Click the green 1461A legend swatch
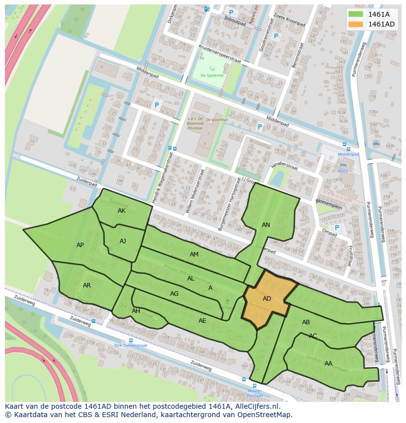click(x=356, y=14)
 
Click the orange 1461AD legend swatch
click(x=356, y=24)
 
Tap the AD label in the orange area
click(x=267, y=299)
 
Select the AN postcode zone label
click(x=266, y=225)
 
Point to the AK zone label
click(x=122, y=211)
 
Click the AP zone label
click(x=80, y=245)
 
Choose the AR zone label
click(x=87, y=285)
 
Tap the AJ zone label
click(x=123, y=241)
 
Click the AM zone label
click(x=194, y=254)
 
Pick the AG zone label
click(x=174, y=294)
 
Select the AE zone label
click(x=202, y=321)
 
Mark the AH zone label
click(x=136, y=311)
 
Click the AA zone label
click(x=329, y=364)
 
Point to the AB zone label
click(x=306, y=322)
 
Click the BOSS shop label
click(x=343, y=171)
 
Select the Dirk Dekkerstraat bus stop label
click(x=130, y=345)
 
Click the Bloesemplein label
click(x=329, y=207)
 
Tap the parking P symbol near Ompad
click(x=336, y=227)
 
